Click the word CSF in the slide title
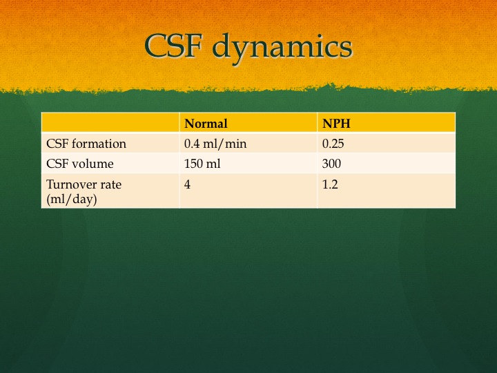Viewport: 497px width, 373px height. (x=173, y=46)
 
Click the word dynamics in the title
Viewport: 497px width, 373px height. (x=282, y=48)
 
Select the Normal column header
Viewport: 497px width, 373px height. (x=206, y=124)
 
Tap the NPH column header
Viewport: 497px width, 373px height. (x=336, y=124)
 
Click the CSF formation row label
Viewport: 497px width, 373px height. (x=86, y=144)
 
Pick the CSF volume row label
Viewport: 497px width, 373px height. (x=80, y=164)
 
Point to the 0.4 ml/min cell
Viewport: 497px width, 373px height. (x=215, y=144)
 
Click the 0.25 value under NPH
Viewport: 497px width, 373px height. (x=333, y=144)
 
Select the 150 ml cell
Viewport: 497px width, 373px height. (x=202, y=164)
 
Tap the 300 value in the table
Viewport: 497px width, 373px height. (x=331, y=164)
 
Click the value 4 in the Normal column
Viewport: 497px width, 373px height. (x=187, y=184)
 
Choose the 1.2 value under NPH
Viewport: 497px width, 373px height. (x=330, y=184)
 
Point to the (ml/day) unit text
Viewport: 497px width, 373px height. (x=72, y=199)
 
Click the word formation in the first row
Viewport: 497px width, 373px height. (x=99, y=144)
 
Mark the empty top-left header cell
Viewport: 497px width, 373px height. (x=110, y=122)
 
